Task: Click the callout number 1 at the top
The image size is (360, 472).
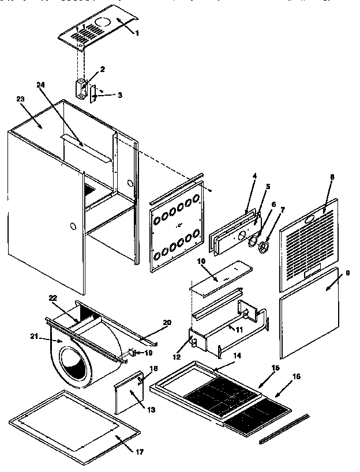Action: (137, 33)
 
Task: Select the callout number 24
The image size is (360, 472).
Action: (40, 84)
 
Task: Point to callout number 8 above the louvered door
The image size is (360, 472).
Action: (332, 177)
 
